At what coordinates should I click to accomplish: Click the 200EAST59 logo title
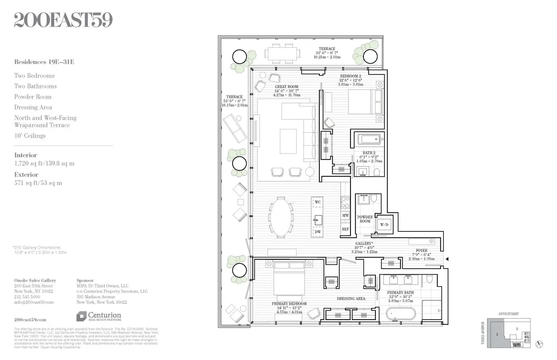(x=63, y=20)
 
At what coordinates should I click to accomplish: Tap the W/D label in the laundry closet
(x=384, y=225)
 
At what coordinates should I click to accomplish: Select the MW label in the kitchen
(x=345, y=216)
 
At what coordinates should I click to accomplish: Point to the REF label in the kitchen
(x=345, y=229)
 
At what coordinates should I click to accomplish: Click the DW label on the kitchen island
(x=317, y=231)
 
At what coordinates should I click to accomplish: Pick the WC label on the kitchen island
(x=317, y=203)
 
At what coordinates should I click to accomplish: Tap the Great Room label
(x=286, y=87)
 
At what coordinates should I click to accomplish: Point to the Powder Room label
(x=365, y=219)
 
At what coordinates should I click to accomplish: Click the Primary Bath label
(x=400, y=293)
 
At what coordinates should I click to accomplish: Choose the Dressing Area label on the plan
(x=351, y=299)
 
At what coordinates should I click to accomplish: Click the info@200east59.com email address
(x=34, y=302)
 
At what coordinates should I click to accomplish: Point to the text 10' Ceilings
(x=30, y=136)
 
